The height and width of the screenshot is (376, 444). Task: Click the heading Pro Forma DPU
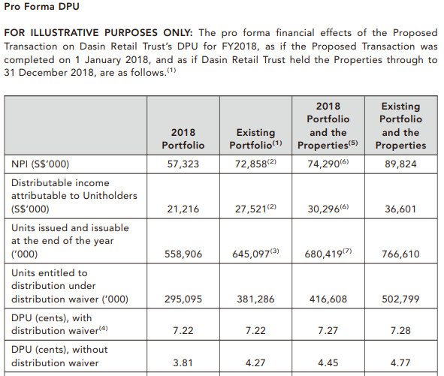coord(41,7)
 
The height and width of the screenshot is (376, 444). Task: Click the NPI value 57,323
coord(183,164)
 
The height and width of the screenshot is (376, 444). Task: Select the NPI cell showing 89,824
coord(400,164)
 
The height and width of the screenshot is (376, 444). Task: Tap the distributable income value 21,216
coord(183,209)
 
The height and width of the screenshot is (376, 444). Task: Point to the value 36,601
coord(400,209)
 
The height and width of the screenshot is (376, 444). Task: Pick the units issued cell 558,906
coord(183,254)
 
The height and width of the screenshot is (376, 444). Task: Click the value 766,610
coord(400,254)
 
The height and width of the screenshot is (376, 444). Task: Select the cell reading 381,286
coord(255,299)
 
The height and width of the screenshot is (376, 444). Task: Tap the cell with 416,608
coord(328,299)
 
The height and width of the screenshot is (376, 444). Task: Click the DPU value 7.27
coord(328,330)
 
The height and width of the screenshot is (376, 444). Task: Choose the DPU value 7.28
coord(400,330)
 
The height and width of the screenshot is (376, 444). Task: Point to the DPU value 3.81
coord(183,362)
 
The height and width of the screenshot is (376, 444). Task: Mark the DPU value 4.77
coord(400,362)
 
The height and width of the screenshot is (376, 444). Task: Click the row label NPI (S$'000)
coord(41,164)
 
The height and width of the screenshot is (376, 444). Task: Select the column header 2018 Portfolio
coord(183,139)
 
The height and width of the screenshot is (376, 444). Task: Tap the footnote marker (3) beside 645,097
coord(274,251)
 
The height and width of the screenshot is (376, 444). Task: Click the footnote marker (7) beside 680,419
coord(347,251)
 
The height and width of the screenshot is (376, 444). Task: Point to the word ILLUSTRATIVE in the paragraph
coord(65,33)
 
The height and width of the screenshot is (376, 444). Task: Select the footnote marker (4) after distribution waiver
coord(104,328)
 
